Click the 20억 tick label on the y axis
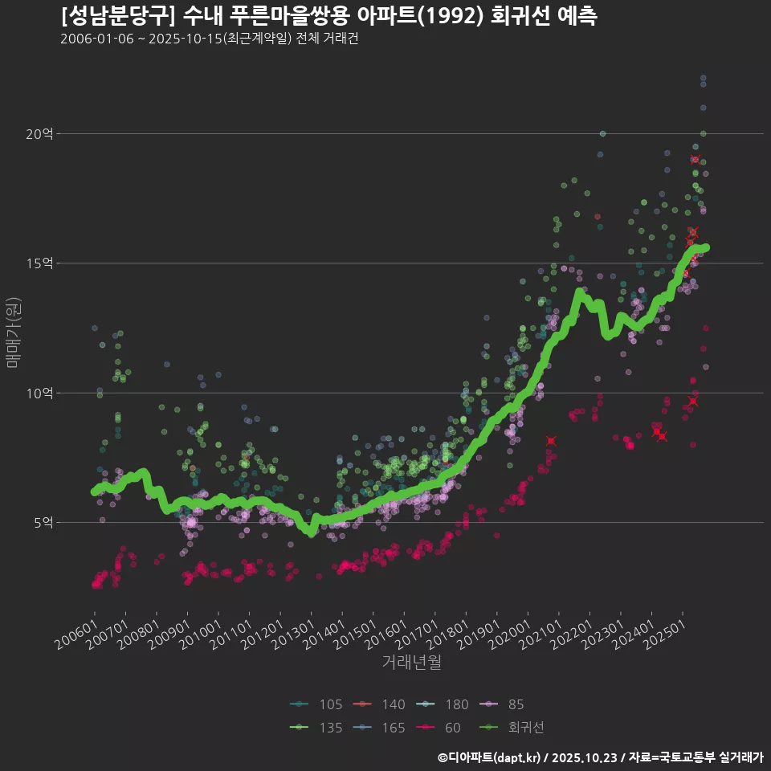pos(39,134)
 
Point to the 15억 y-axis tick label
pos(39,263)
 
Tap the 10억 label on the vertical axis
pos(39,394)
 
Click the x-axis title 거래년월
pos(411,662)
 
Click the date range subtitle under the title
pos(209,39)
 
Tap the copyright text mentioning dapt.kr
pos(601,757)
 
